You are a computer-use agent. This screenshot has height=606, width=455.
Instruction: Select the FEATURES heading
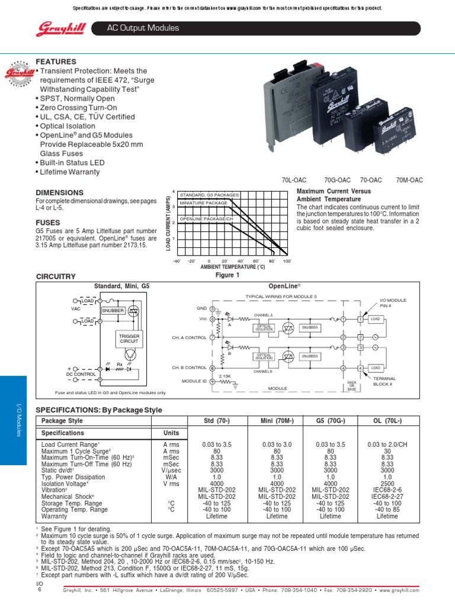coord(56,62)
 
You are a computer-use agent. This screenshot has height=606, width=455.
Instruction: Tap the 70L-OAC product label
coord(295,180)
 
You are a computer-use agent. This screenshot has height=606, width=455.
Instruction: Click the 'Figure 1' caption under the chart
coord(227,275)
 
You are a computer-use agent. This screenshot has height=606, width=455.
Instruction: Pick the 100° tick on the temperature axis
coord(287,261)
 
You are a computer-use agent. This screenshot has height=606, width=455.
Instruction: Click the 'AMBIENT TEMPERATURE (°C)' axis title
coord(227,267)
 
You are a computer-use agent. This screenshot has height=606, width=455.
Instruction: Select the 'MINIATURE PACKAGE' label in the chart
coord(203,203)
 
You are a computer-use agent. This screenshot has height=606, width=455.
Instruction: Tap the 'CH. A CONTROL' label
coord(190,337)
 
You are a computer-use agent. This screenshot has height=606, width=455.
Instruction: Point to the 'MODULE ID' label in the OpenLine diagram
coord(193,382)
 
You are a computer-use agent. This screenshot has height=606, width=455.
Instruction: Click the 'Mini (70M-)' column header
coord(276,420)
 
